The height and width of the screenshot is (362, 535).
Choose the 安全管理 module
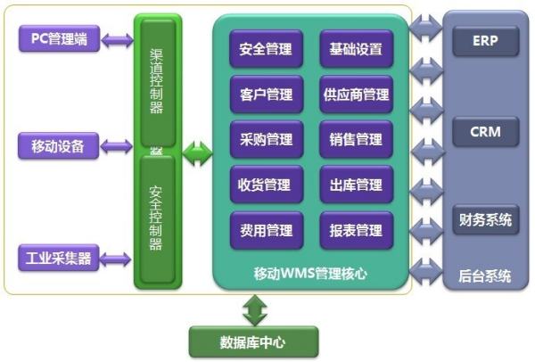(266, 49)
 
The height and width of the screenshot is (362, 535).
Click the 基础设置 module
(356, 49)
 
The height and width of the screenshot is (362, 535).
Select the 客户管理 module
(266, 95)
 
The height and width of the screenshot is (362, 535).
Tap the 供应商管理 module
(356, 95)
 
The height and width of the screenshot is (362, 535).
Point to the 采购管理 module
(266, 140)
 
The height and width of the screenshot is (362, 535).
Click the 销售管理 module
(356, 140)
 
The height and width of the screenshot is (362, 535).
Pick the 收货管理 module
(266, 185)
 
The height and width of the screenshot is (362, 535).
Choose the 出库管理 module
(356, 185)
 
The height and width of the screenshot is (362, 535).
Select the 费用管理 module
(266, 231)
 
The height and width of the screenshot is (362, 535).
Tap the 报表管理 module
(356, 231)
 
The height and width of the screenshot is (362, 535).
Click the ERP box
(485, 41)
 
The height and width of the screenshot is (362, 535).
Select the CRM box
(485, 133)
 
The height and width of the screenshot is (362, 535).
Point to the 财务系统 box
(485, 219)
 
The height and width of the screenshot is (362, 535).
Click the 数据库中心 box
(253, 341)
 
